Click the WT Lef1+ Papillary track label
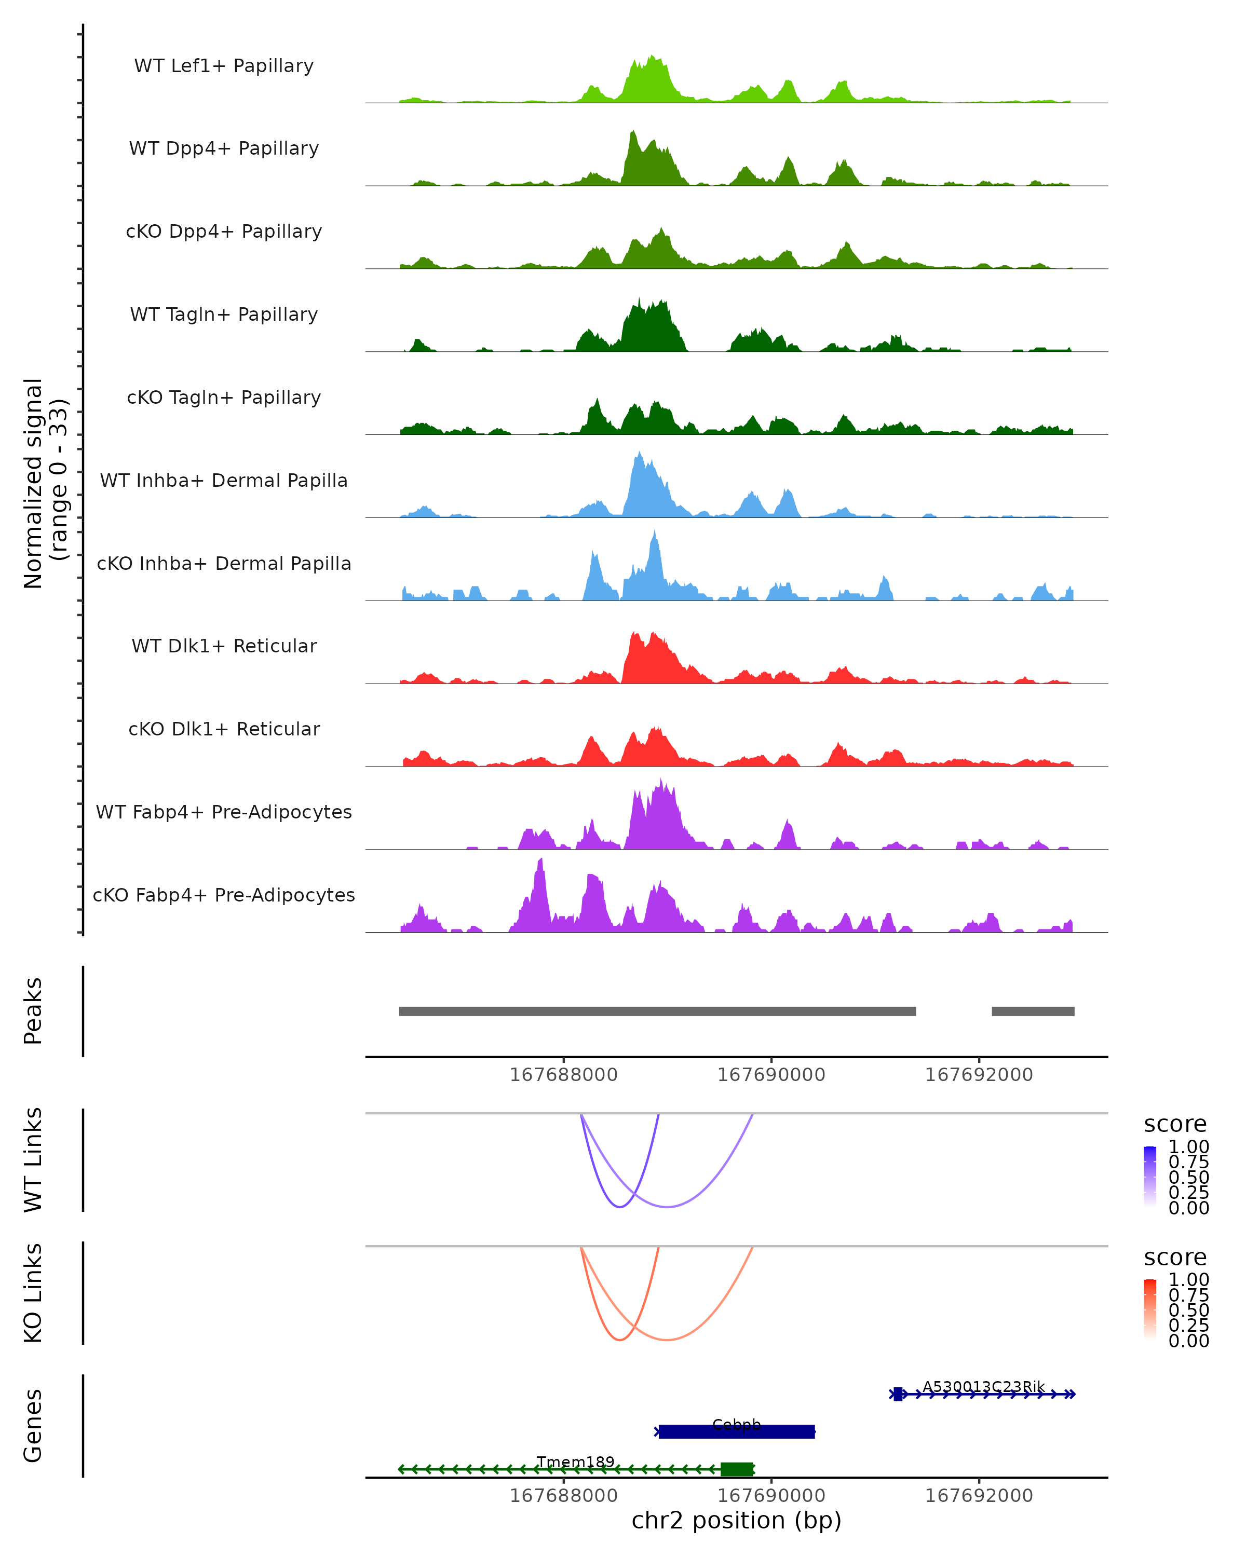[x=224, y=66]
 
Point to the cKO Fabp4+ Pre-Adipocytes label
[x=224, y=895]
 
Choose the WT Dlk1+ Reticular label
[x=224, y=646]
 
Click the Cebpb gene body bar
[x=737, y=1431]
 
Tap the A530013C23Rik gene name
[x=983, y=1387]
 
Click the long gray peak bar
[x=657, y=1011]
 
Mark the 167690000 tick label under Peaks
[x=771, y=1075]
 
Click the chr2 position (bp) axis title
[x=736, y=1521]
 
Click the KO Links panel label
[x=33, y=1293]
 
